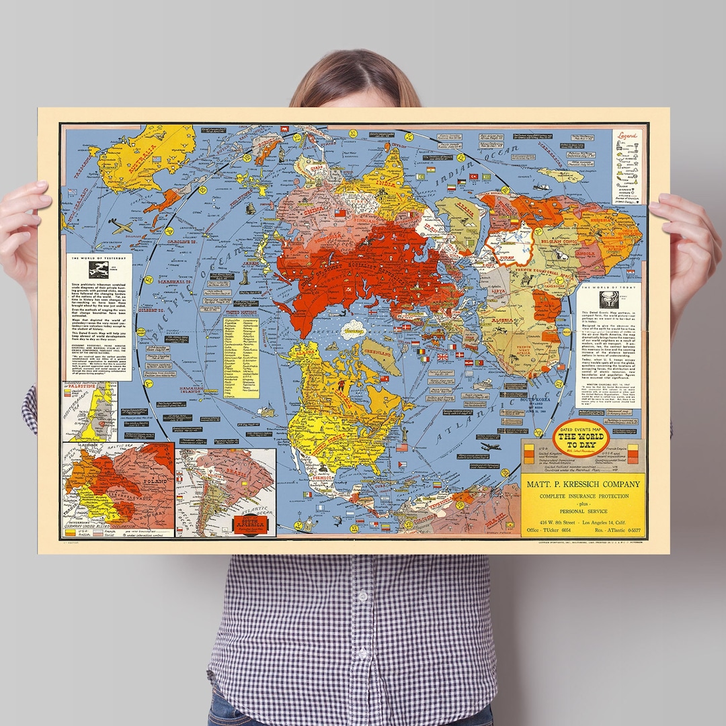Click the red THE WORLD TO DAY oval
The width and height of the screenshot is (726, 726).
[x=580, y=439]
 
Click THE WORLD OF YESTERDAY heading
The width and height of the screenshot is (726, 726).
[x=99, y=257]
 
